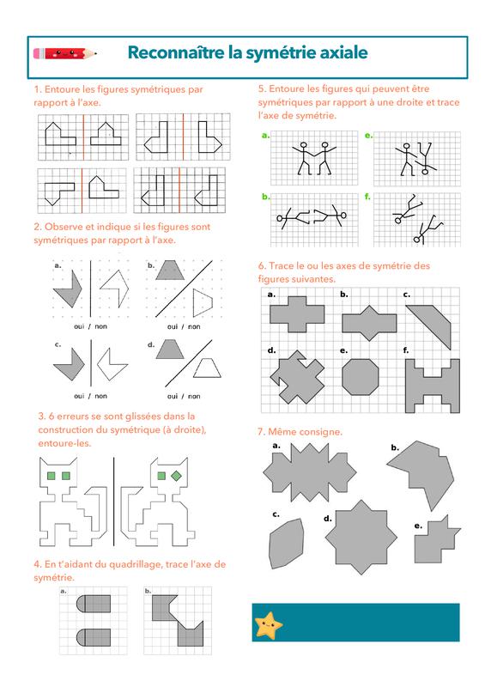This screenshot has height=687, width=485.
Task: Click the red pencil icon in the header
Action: (65, 53)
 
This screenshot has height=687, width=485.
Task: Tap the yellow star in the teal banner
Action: (268, 625)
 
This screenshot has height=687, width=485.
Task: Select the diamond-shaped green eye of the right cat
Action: (177, 476)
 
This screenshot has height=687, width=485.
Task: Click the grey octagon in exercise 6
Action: (361, 377)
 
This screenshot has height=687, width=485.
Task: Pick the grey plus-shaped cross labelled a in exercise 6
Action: (297, 314)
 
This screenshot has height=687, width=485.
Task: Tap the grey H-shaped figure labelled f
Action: (432, 386)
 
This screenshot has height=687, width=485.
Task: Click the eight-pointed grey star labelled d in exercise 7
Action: (361, 538)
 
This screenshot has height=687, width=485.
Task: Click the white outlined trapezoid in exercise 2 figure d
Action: (207, 368)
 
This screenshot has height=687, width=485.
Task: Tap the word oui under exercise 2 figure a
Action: (79, 326)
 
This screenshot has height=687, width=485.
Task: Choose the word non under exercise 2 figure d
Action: (194, 396)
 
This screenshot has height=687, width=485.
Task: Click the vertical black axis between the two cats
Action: (114, 502)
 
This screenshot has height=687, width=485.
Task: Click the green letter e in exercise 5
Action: (367, 136)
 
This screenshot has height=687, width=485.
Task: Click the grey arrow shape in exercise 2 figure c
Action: (70, 364)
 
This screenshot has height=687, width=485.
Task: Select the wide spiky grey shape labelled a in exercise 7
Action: (310, 472)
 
